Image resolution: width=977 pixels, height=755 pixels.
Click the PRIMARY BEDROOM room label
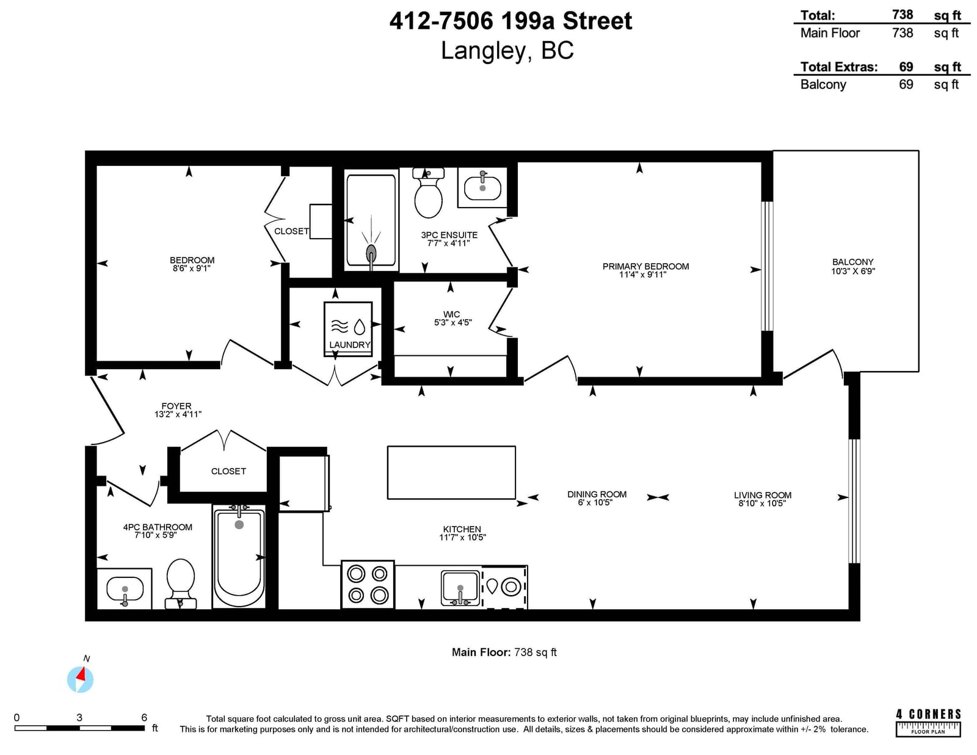tap(645, 266)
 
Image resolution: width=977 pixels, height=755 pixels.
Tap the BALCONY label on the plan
tap(852, 262)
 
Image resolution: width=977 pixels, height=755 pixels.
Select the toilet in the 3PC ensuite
tap(428, 193)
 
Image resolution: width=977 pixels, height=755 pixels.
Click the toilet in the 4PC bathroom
tap(180, 583)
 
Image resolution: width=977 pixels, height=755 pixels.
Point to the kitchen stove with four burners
tap(368, 585)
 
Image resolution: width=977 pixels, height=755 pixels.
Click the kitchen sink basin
tap(460, 588)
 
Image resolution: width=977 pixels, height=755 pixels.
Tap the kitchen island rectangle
tap(451, 472)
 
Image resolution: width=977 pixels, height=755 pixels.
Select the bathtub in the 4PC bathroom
tap(239, 556)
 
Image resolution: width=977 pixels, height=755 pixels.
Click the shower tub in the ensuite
tap(371, 220)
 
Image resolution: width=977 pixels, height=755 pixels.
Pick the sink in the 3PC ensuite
tap(482, 187)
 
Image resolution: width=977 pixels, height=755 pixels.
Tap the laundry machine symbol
tap(348, 329)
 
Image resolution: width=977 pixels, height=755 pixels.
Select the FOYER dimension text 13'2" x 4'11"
tap(178, 414)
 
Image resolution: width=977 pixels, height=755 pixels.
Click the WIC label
tap(451, 314)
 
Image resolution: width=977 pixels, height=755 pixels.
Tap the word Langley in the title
tap(484, 50)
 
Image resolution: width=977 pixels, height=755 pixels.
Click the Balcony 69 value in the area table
tap(906, 84)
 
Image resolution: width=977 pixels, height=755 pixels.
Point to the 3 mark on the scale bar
tap(79, 717)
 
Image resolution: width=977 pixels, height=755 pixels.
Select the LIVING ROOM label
tap(763, 495)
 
